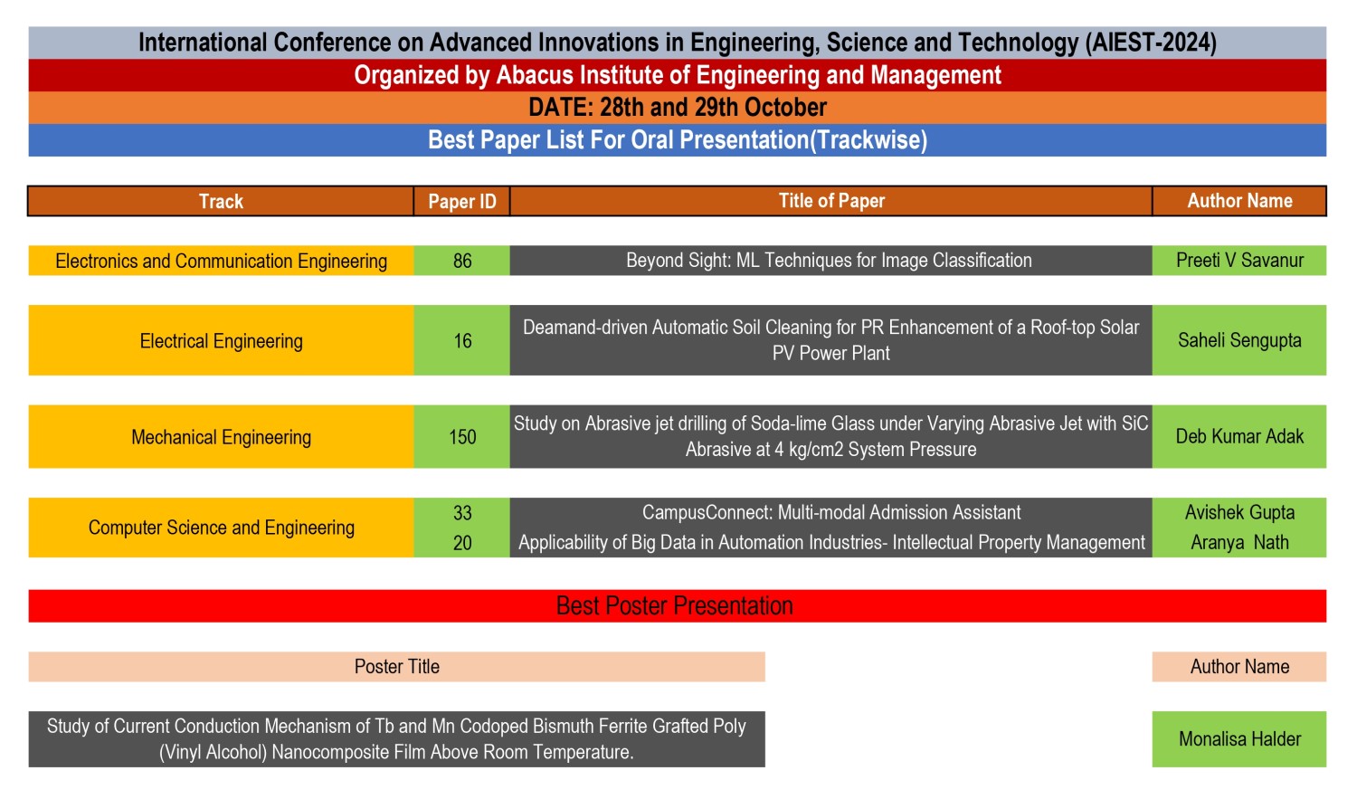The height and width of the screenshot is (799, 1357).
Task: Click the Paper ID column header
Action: (x=462, y=201)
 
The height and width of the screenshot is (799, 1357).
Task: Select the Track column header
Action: (x=221, y=201)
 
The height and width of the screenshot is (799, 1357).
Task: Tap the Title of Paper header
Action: (x=831, y=201)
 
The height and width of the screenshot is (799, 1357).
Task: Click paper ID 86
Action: (x=462, y=261)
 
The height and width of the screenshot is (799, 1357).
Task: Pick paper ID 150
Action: (x=462, y=437)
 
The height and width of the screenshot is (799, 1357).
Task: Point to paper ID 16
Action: (x=462, y=340)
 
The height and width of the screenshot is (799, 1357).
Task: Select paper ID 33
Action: (x=462, y=513)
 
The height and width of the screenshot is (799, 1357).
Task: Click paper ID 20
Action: (x=462, y=543)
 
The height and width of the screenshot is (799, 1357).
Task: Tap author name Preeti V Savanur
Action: (x=1239, y=261)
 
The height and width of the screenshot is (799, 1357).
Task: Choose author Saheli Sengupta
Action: (x=1239, y=340)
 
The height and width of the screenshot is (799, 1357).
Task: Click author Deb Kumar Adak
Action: (x=1239, y=436)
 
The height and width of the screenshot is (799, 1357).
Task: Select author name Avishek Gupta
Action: (x=1239, y=512)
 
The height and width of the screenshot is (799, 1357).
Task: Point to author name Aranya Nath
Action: (x=1239, y=542)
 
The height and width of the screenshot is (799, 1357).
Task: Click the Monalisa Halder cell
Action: (x=1239, y=739)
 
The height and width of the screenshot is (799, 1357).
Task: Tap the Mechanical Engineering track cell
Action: (x=221, y=437)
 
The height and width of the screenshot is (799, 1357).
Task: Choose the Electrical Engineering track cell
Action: (x=221, y=341)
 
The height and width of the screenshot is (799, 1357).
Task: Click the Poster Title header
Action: (x=397, y=666)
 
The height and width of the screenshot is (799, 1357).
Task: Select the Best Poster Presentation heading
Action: (x=674, y=605)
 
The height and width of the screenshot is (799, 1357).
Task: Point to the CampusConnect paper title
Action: (x=831, y=512)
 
